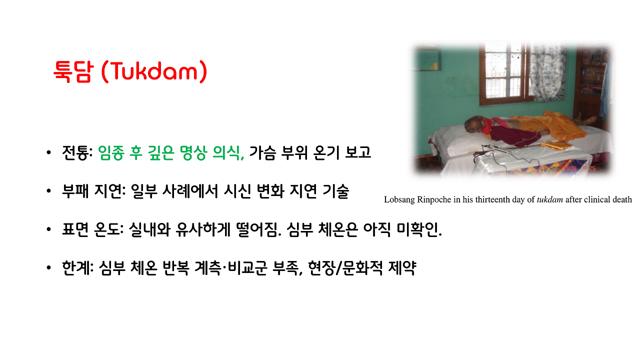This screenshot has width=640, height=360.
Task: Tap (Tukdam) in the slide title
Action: pyautogui.click(x=153, y=71)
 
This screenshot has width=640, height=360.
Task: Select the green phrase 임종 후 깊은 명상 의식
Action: pyautogui.click(x=171, y=152)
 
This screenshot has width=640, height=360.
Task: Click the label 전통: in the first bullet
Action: pyautogui.click(x=77, y=152)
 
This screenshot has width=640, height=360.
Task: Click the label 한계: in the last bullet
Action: pyautogui.click(x=77, y=269)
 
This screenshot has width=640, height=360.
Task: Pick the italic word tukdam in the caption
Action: pyautogui.click(x=549, y=199)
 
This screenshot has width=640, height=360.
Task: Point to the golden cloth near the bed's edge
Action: pyautogui.click(x=555, y=145)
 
